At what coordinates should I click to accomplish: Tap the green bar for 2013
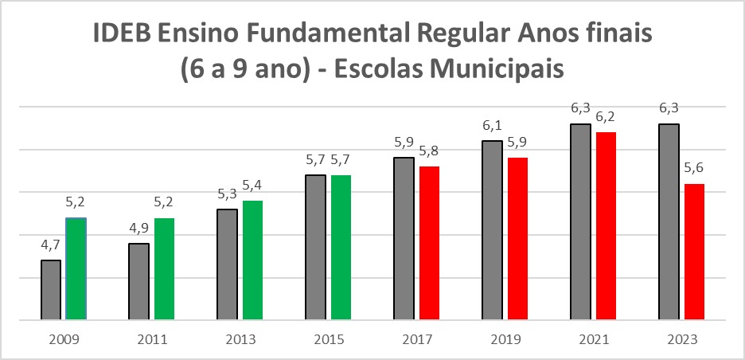pyautogui.click(x=252, y=260)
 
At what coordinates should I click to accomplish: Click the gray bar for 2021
pyautogui.click(x=580, y=221)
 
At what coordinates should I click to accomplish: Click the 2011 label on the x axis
pyautogui.click(x=151, y=339)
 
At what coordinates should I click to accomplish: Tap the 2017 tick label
pyautogui.click(x=416, y=339)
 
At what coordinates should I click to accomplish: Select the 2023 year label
pyautogui.click(x=681, y=339)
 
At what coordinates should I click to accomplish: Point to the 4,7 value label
pyautogui.click(x=51, y=245)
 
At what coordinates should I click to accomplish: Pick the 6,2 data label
pyautogui.click(x=607, y=117)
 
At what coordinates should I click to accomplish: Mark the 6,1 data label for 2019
pyautogui.click(x=493, y=126)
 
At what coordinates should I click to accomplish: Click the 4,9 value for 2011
pyautogui.click(x=139, y=229)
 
